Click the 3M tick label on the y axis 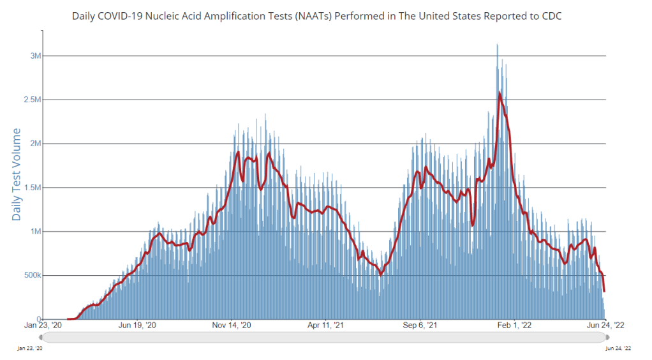tap(36, 56)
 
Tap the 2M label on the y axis tap(36, 144)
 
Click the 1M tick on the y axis tap(36, 232)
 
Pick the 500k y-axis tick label tap(31, 276)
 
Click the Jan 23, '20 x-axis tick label tap(43, 325)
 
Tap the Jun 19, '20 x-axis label tap(137, 325)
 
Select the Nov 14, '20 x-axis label tap(232, 325)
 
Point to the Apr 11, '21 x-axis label tap(326, 325)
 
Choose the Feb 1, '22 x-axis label tap(514, 325)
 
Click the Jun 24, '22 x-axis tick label tap(605, 325)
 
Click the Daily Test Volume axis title tap(17, 174)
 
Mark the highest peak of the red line tap(499, 93)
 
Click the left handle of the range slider tap(42, 337)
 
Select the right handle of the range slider tap(607, 337)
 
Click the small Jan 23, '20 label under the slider tap(30, 348)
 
